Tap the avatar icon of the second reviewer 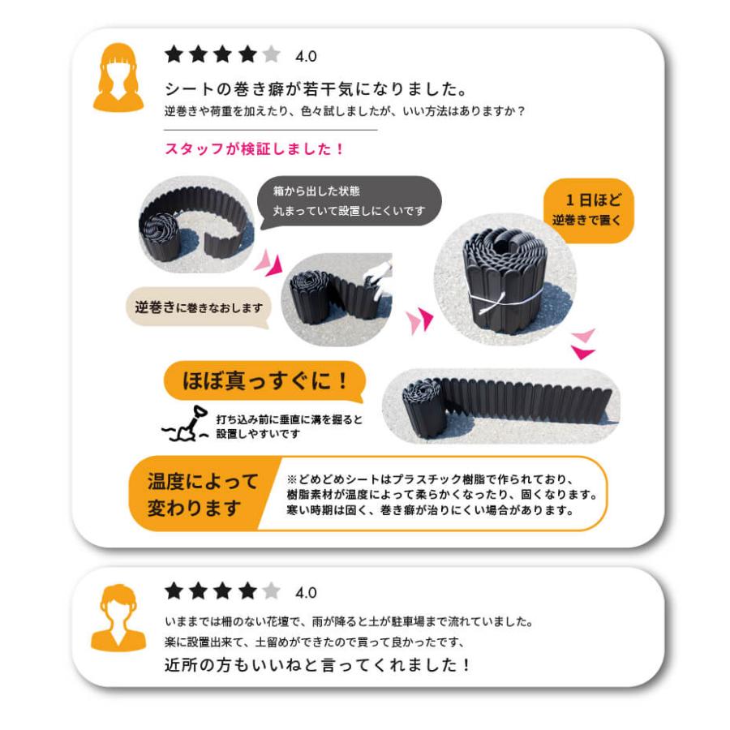click(x=118, y=617)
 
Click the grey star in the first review click(x=271, y=55)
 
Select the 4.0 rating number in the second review click(x=306, y=592)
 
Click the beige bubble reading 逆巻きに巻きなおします click(x=198, y=308)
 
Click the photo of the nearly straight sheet click(x=500, y=405)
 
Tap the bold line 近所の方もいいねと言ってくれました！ click(x=317, y=664)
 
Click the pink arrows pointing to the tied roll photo click(x=420, y=321)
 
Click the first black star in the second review click(x=174, y=591)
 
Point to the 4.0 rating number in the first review click(x=306, y=56)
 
